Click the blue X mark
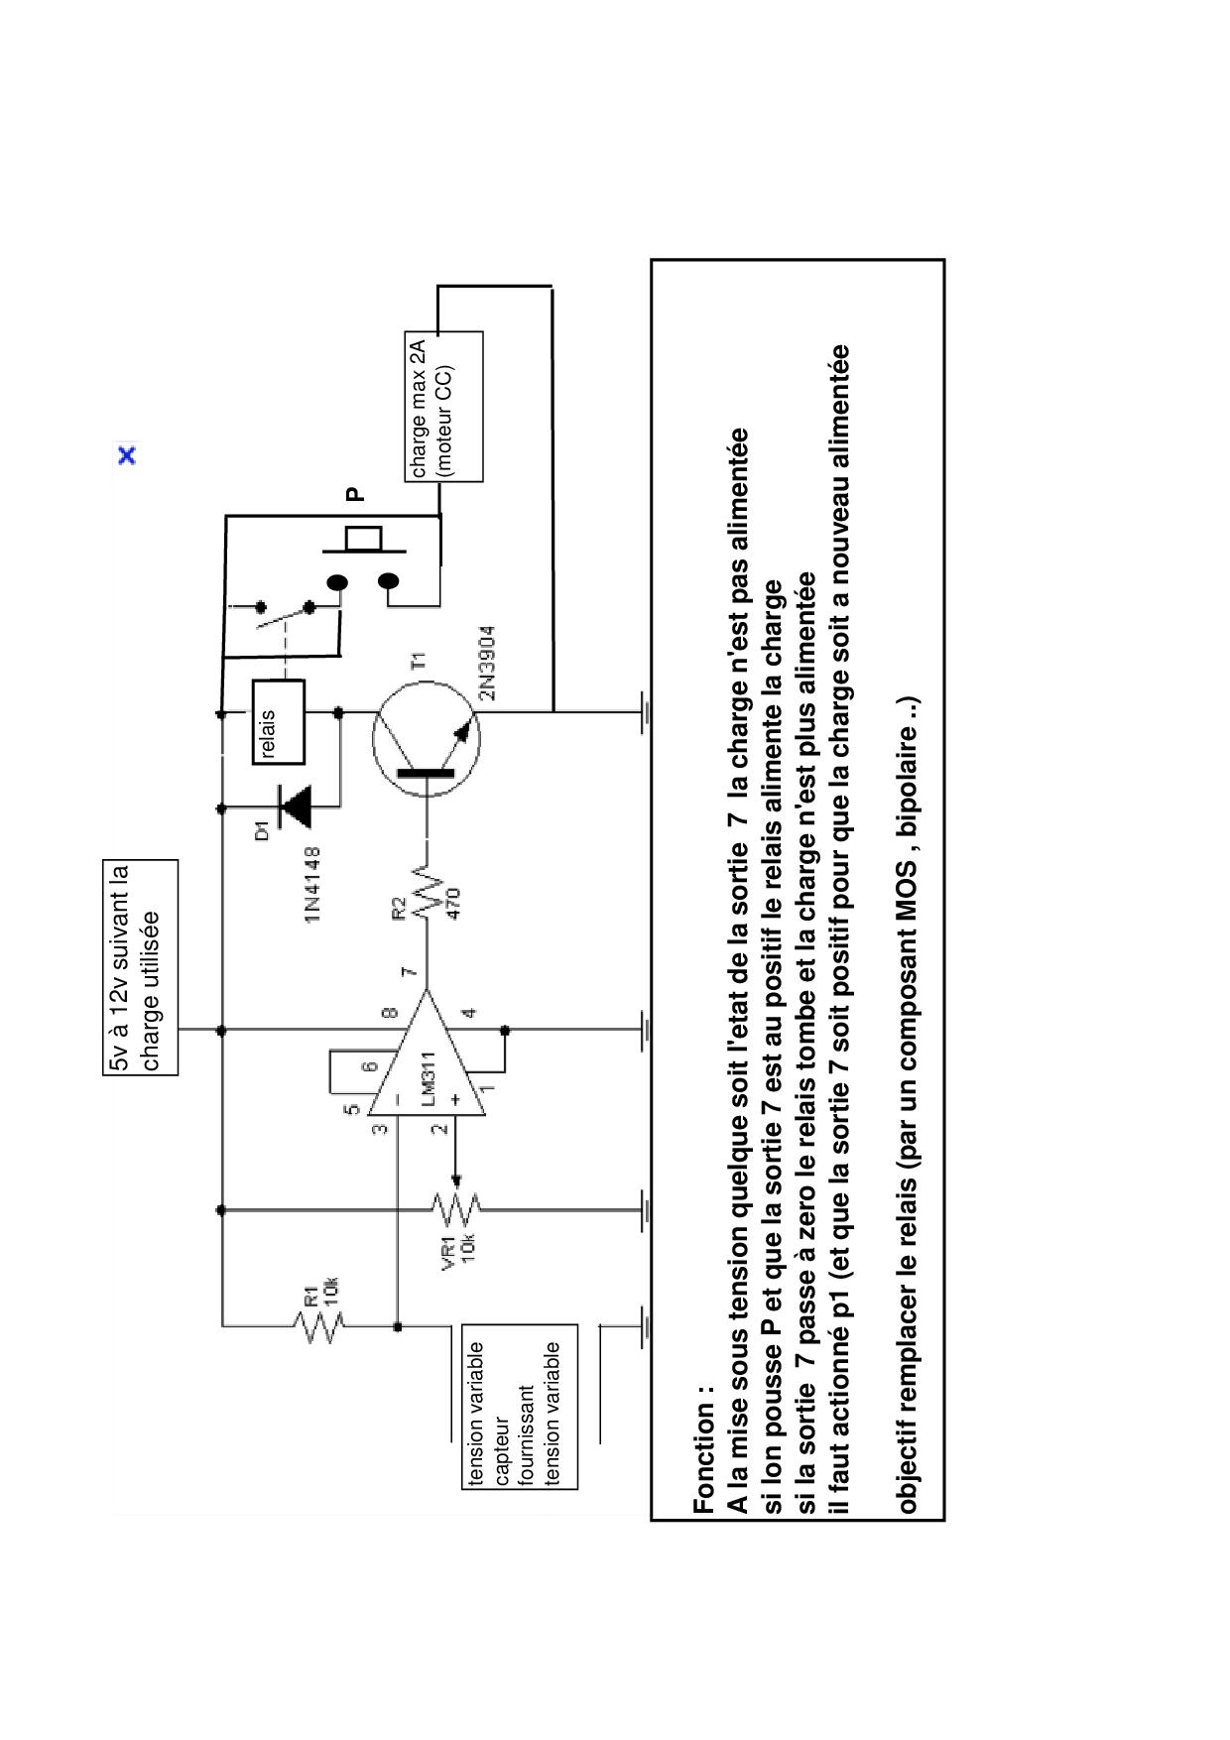127,456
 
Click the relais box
278,721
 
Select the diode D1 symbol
295,807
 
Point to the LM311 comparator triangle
427,1054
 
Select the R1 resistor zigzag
319,1323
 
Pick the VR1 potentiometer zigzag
455,1209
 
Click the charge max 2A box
443,407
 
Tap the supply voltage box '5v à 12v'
141,967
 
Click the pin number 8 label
390,1013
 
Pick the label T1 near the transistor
418,661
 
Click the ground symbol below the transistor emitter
646,711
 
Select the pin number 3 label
379,1128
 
